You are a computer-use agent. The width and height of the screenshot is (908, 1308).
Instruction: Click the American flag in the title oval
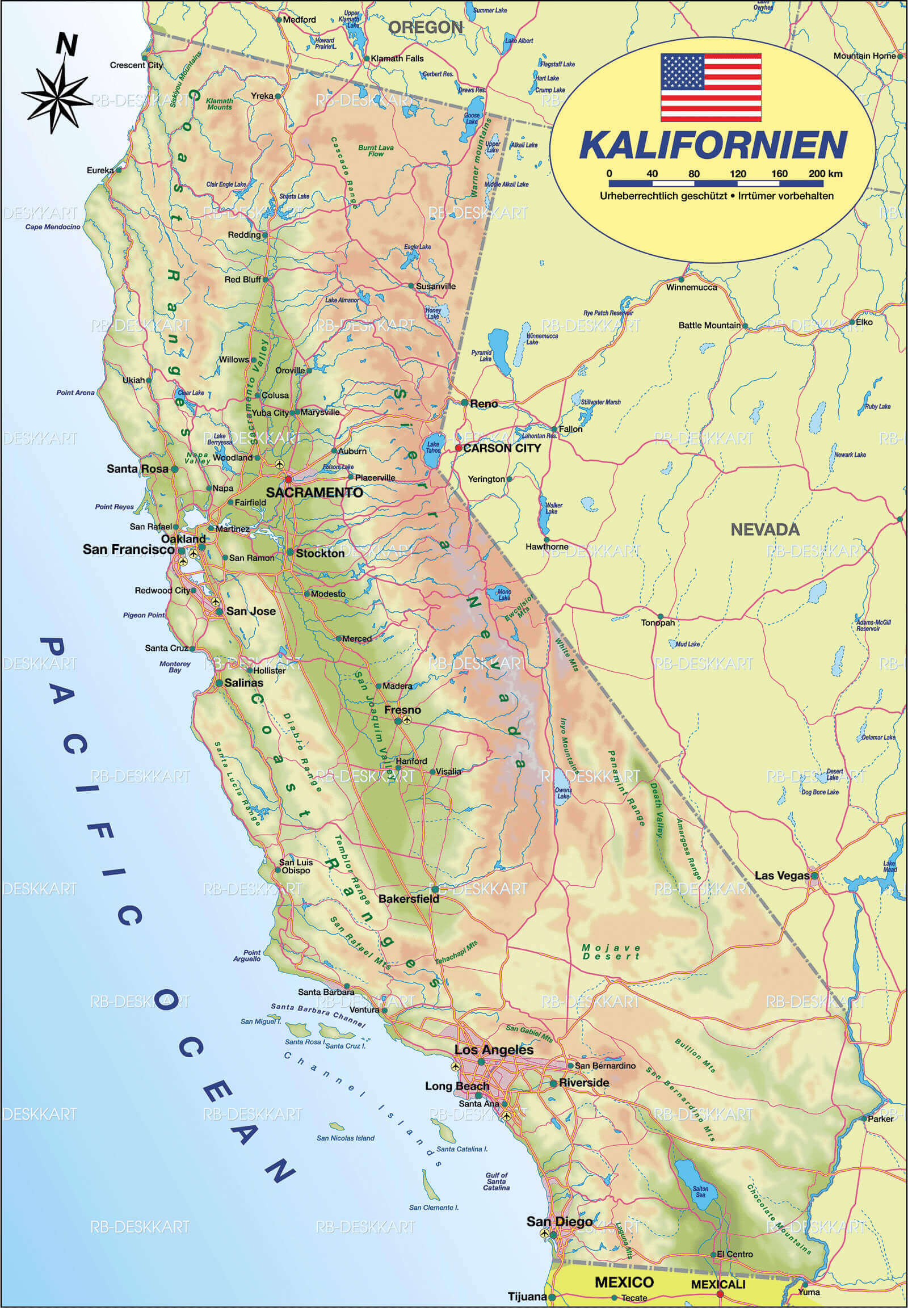click(x=711, y=87)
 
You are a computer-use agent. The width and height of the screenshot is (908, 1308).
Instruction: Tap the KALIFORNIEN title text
click(x=713, y=146)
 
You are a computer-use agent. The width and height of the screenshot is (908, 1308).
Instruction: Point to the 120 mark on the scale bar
click(x=737, y=174)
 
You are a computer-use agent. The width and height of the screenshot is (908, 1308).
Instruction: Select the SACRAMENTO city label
click(x=314, y=493)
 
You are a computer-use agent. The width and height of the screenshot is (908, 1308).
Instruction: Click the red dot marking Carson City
click(x=459, y=448)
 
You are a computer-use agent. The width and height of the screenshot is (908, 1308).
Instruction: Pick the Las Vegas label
click(x=781, y=876)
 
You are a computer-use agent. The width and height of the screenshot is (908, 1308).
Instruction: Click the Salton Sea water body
click(x=688, y=1173)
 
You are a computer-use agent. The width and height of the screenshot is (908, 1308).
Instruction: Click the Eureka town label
click(x=99, y=170)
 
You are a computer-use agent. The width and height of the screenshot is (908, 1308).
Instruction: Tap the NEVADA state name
click(x=764, y=529)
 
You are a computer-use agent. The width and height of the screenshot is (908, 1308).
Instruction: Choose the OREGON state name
click(x=425, y=27)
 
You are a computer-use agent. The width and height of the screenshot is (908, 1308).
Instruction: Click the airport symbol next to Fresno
click(x=406, y=720)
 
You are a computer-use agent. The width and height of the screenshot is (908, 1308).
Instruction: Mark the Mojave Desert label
click(x=611, y=952)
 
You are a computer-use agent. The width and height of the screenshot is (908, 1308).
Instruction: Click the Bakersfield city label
click(x=409, y=899)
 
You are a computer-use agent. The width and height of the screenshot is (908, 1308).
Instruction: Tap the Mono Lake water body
click(x=503, y=592)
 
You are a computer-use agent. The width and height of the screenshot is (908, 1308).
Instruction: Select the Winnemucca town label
click(x=691, y=287)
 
